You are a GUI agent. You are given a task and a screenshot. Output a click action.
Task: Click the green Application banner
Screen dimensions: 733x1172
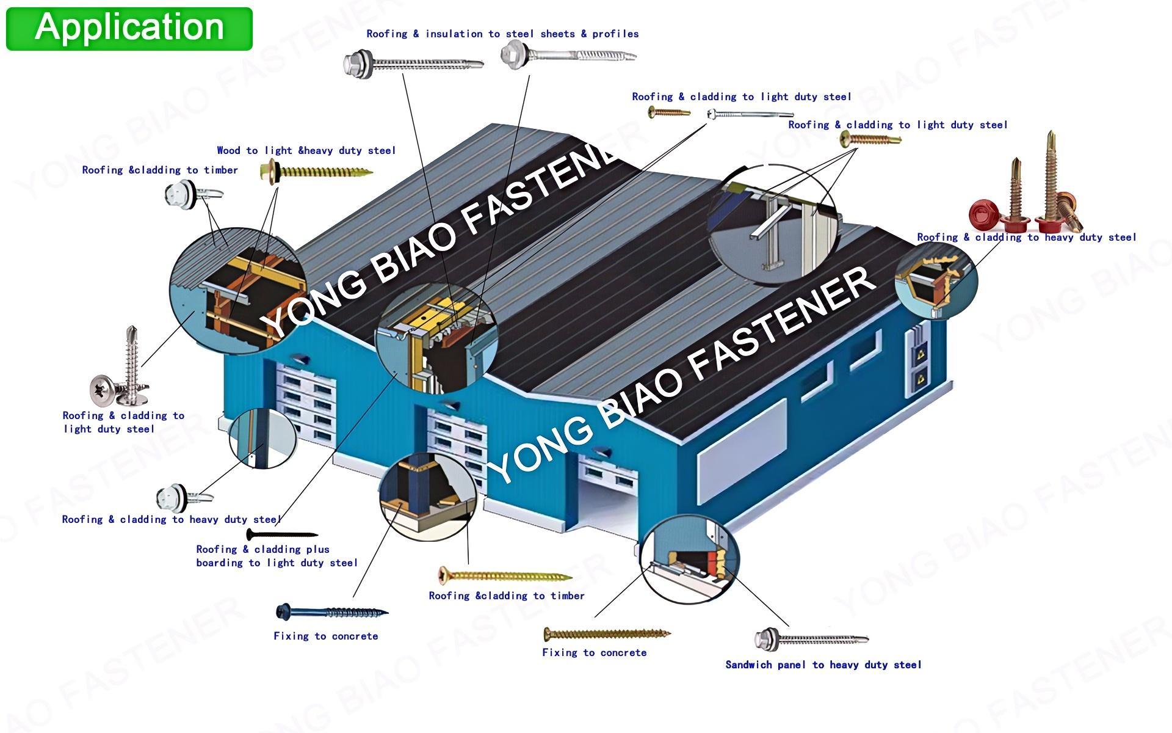[x=129, y=28]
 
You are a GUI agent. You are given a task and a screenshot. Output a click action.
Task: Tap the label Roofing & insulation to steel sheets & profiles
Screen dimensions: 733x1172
[x=502, y=34]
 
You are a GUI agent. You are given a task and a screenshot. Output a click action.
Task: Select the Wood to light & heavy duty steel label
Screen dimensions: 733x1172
[x=306, y=150]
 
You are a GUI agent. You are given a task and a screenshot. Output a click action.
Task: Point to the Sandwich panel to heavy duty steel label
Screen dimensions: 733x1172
[x=823, y=665]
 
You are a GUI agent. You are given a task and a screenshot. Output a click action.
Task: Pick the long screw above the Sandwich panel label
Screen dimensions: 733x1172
[x=811, y=639]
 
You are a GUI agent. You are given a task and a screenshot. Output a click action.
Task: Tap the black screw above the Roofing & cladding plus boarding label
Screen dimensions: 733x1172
[x=281, y=535]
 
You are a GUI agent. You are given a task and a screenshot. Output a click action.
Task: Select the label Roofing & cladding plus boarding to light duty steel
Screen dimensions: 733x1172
[x=276, y=556]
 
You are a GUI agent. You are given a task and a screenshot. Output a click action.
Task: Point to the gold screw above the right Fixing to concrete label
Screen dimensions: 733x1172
[x=607, y=634]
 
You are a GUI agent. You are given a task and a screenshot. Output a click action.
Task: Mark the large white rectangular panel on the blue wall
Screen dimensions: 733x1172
[x=742, y=452]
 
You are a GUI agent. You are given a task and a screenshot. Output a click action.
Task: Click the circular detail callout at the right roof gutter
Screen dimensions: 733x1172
[x=936, y=280]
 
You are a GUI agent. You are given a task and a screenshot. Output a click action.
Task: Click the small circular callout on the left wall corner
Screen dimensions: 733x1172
[x=262, y=439]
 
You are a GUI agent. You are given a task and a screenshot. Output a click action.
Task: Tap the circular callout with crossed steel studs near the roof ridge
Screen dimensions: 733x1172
[x=773, y=225]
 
